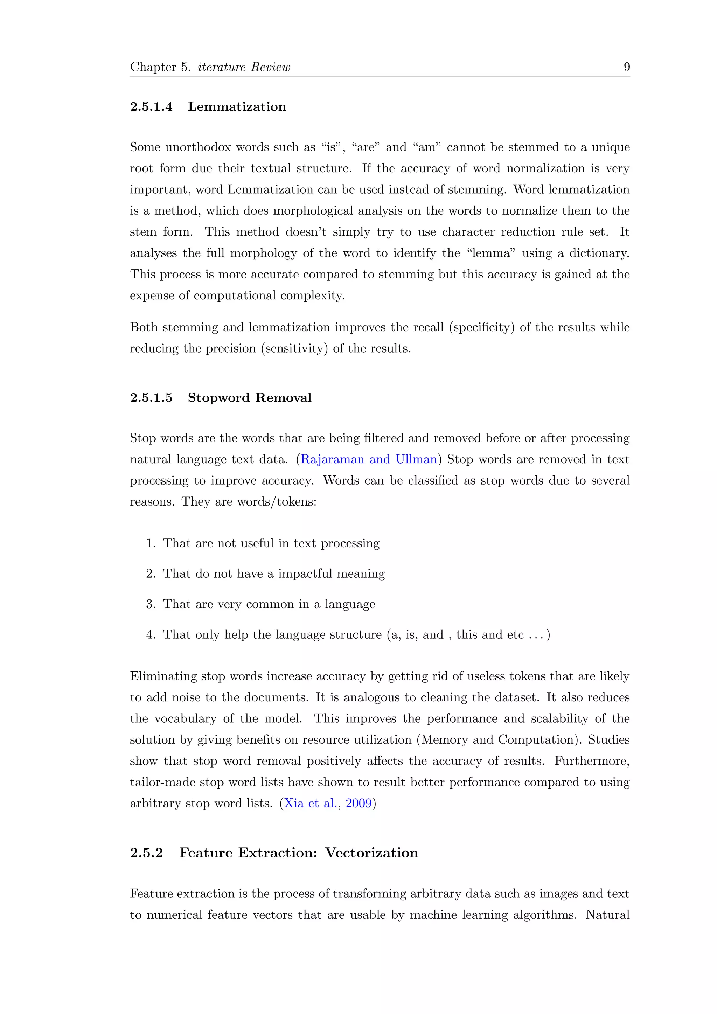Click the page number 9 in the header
[626, 67]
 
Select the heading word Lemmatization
[237, 107]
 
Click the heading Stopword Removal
[250, 397]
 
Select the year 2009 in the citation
[358, 803]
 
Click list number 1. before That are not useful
[151, 543]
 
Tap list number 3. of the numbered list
[151, 604]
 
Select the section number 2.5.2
[147, 853]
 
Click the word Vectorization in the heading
[371, 853]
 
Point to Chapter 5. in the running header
[160, 67]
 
